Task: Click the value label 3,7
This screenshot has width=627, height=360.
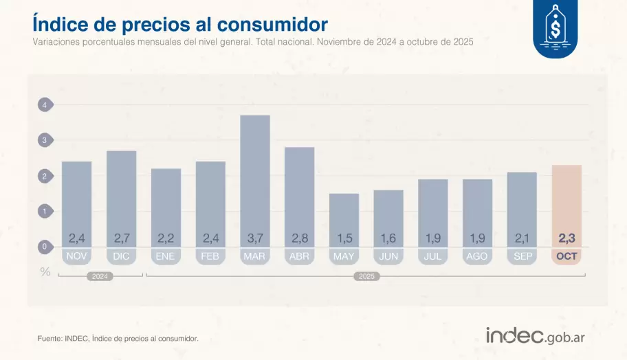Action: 255,239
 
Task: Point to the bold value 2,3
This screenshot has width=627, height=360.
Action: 566,239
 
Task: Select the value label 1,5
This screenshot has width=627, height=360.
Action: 344,239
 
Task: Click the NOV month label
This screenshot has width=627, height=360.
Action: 76,256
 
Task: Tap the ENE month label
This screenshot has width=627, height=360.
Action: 166,256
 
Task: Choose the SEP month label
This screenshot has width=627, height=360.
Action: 522,256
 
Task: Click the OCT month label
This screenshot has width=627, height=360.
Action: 566,256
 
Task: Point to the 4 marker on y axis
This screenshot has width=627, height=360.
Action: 45,105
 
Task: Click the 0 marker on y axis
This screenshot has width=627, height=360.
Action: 45,247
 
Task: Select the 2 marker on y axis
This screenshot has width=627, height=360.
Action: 45,177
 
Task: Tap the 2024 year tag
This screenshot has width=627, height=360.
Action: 100,276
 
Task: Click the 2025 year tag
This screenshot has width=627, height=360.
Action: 365,276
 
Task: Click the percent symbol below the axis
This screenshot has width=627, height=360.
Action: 45,271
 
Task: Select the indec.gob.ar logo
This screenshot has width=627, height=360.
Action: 535,336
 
